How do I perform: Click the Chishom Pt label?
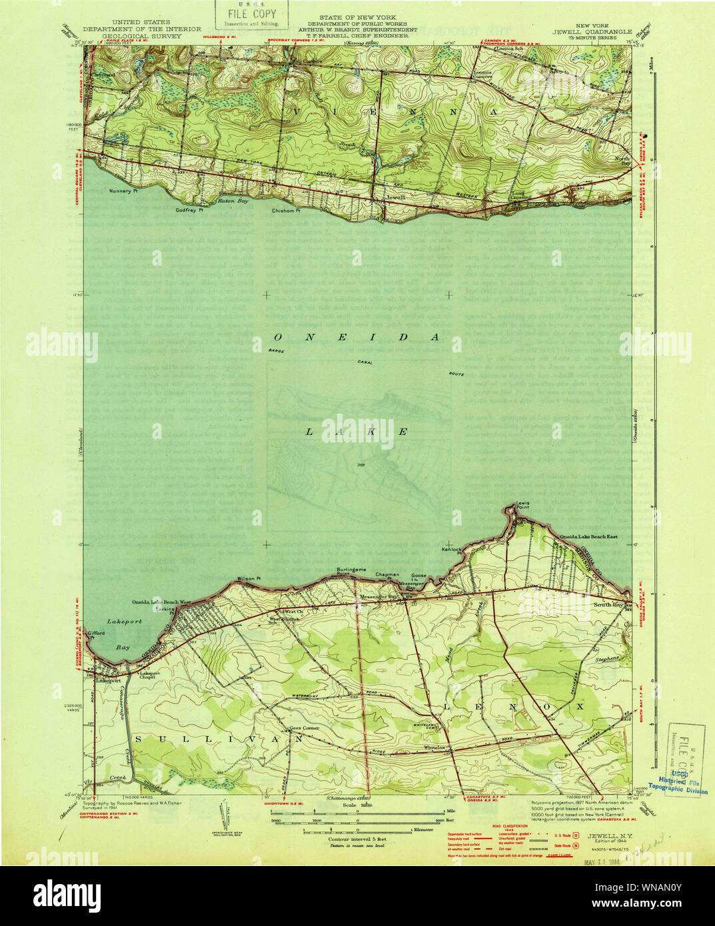(286, 211)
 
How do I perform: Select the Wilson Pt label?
(249, 578)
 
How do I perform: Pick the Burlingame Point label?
(351, 572)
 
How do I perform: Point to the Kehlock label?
(451, 550)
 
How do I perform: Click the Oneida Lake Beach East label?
(588, 536)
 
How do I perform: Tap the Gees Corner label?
(303, 728)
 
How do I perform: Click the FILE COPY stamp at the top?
(251, 15)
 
